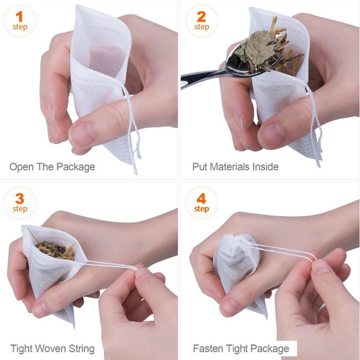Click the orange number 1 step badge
(x=20, y=21)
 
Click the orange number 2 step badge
(x=202, y=21)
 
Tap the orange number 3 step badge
(x=20, y=203)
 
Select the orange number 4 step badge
(x=202, y=203)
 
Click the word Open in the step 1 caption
(x=22, y=167)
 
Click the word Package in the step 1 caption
(x=76, y=167)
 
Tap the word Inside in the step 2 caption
(x=265, y=166)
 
